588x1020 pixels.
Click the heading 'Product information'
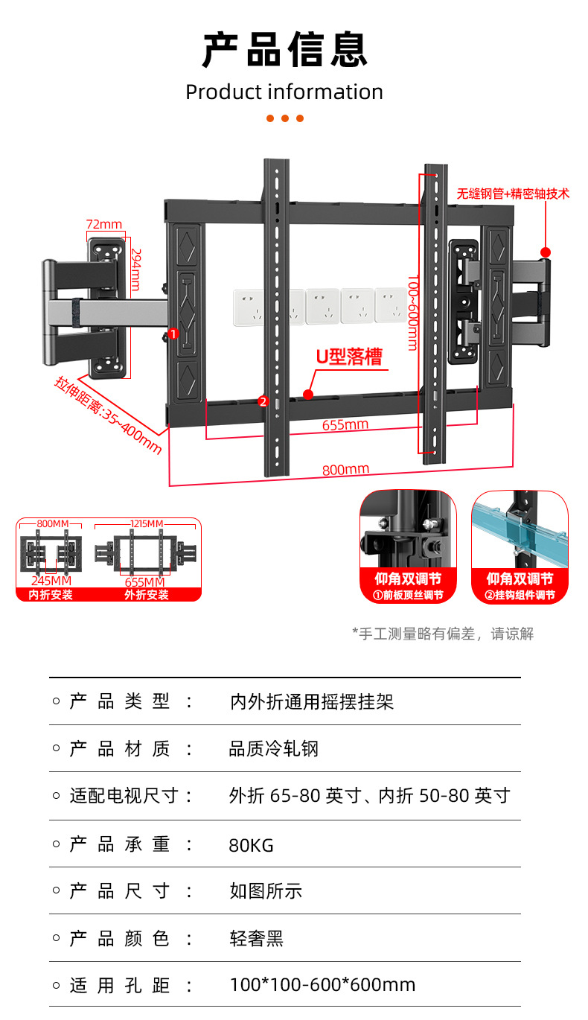(x=284, y=92)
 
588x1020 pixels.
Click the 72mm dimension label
(x=104, y=225)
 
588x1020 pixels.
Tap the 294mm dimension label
(x=135, y=270)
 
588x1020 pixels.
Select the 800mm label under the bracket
(x=345, y=470)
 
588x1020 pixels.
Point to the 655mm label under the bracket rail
(x=345, y=425)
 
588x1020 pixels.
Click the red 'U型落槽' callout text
(x=348, y=357)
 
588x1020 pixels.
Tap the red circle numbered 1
(x=173, y=334)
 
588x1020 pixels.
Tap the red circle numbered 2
(x=262, y=401)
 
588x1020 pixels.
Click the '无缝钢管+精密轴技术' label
(x=514, y=194)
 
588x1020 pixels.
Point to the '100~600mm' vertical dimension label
(x=412, y=312)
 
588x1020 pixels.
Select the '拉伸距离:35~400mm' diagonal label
(x=108, y=415)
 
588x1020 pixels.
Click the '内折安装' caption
(x=51, y=595)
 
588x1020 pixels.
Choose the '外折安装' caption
(x=147, y=595)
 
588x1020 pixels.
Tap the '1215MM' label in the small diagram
(x=147, y=524)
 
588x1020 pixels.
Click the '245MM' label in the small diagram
(x=51, y=581)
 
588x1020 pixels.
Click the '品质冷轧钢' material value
(x=274, y=749)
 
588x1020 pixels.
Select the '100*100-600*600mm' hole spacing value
(x=322, y=986)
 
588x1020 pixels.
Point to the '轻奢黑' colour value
(x=257, y=939)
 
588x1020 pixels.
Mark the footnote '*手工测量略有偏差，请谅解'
(x=443, y=634)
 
